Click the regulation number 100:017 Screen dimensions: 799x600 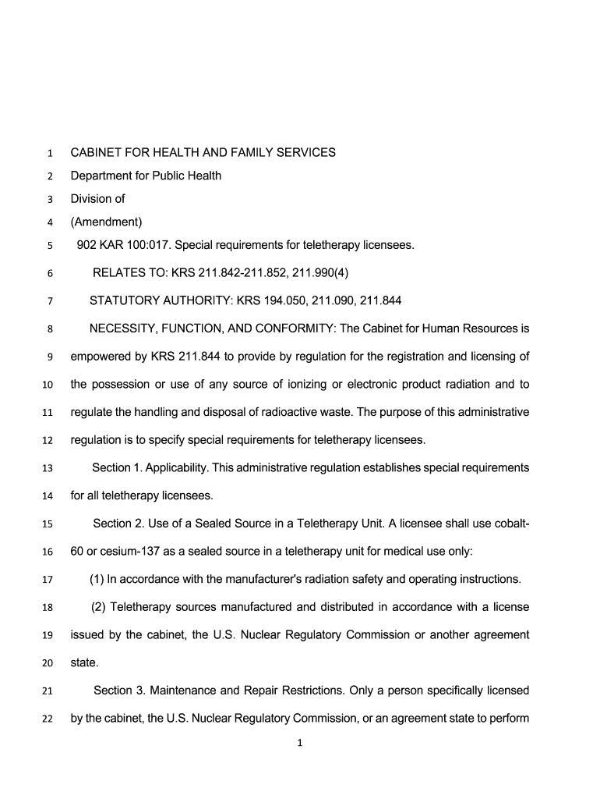[148, 246]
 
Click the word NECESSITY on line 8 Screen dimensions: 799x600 [122, 328]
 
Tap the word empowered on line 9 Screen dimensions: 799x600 [97, 357]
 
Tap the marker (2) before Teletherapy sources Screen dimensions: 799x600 [98, 607]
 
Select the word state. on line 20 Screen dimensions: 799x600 [85, 662]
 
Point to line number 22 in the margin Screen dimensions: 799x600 [46, 719]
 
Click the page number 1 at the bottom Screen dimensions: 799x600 [300, 743]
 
